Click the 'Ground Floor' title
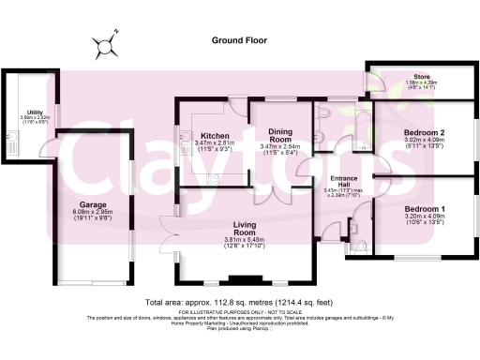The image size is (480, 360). [239, 41]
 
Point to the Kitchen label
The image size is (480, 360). [216, 135]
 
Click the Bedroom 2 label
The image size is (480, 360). [424, 132]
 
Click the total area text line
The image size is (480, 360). [239, 303]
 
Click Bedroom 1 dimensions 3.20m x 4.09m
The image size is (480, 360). [424, 220]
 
